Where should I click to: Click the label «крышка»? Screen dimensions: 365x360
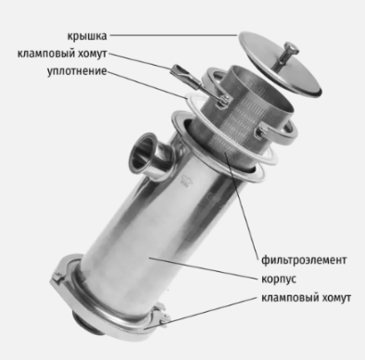87,36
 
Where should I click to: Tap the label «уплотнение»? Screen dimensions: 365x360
77,71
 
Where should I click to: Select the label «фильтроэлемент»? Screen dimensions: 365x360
304,260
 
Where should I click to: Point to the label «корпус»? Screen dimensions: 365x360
279,279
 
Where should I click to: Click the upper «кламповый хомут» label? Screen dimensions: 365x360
62,54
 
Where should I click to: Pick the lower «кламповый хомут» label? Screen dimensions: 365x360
306,298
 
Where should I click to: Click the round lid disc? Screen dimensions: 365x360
281,64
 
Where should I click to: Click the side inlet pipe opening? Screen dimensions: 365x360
143,155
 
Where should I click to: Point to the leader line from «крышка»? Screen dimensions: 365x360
174,35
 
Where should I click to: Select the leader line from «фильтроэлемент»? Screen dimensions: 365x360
242,205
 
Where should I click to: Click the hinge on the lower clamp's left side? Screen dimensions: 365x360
57,278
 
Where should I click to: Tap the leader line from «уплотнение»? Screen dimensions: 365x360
147,85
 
